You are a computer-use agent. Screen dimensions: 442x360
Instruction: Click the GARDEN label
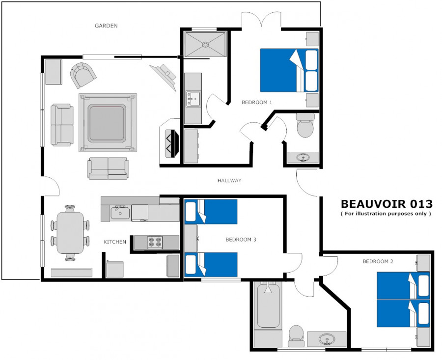point(106,26)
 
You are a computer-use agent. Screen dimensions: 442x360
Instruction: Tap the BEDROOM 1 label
point(257,102)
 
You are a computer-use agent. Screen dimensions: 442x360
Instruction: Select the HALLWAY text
point(229,180)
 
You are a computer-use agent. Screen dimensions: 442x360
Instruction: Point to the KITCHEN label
point(115,242)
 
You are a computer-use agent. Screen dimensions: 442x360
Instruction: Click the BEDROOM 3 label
point(241,240)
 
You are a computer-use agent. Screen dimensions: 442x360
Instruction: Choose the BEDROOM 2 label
point(378,261)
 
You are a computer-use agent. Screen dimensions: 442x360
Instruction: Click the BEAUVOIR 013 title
point(387,203)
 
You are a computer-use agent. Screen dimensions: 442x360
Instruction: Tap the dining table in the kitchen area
point(70,233)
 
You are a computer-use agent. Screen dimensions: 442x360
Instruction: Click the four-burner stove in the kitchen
point(155,242)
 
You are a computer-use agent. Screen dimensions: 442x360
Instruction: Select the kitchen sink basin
point(120,213)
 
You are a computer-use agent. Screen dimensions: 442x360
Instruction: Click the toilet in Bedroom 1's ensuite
point(305,125)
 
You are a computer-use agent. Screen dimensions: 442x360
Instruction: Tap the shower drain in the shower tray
point(205,44)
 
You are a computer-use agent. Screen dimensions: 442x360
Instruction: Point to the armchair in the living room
point(83,75)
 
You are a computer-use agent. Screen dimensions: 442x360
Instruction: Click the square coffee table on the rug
point(107,123)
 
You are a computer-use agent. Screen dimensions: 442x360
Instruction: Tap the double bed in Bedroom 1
point(289,71)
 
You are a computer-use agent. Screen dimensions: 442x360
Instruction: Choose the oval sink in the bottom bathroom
point(327,338)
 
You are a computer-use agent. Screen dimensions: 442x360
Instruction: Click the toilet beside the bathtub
point(296,335)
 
